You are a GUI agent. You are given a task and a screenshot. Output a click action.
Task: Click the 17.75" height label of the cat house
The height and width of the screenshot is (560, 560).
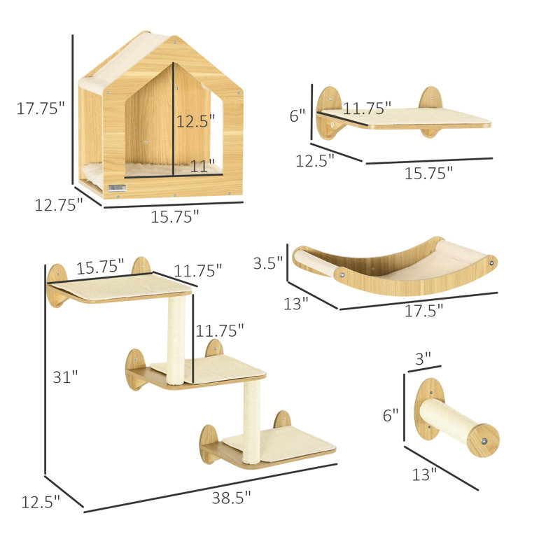[x=41, y=108]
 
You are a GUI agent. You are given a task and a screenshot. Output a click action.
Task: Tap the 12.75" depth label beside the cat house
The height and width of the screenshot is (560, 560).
[x=59, y=205]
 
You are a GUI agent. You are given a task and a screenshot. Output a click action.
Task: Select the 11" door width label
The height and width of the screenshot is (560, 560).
[x=202, y=167]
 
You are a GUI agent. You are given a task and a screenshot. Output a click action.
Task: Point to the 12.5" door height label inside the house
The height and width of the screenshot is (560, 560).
[x=196, y=121]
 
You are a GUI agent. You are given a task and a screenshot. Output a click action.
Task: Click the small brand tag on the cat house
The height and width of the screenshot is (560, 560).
[x=118, y=188]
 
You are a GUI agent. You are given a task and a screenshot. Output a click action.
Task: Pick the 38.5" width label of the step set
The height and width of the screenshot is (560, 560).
[x=232, y=498]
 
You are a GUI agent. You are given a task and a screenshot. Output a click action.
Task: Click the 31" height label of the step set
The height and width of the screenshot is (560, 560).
[x=65, y=377]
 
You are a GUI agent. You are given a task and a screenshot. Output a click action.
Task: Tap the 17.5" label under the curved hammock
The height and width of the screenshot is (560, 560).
[x=423, y=311]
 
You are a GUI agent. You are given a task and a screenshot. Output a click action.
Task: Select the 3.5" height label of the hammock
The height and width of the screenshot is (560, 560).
[x=268, y=263]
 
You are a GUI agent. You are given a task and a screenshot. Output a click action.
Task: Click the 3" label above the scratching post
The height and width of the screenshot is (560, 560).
[x=423, y=358]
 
